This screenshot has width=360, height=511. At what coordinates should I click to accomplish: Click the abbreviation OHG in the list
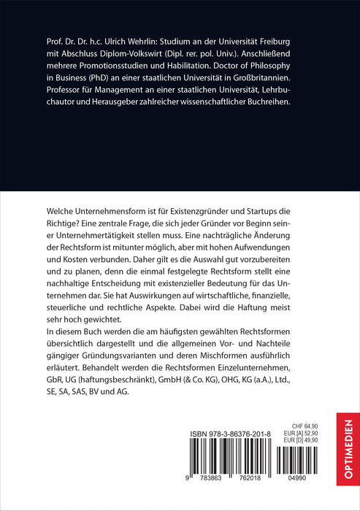[x=245, y=378]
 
